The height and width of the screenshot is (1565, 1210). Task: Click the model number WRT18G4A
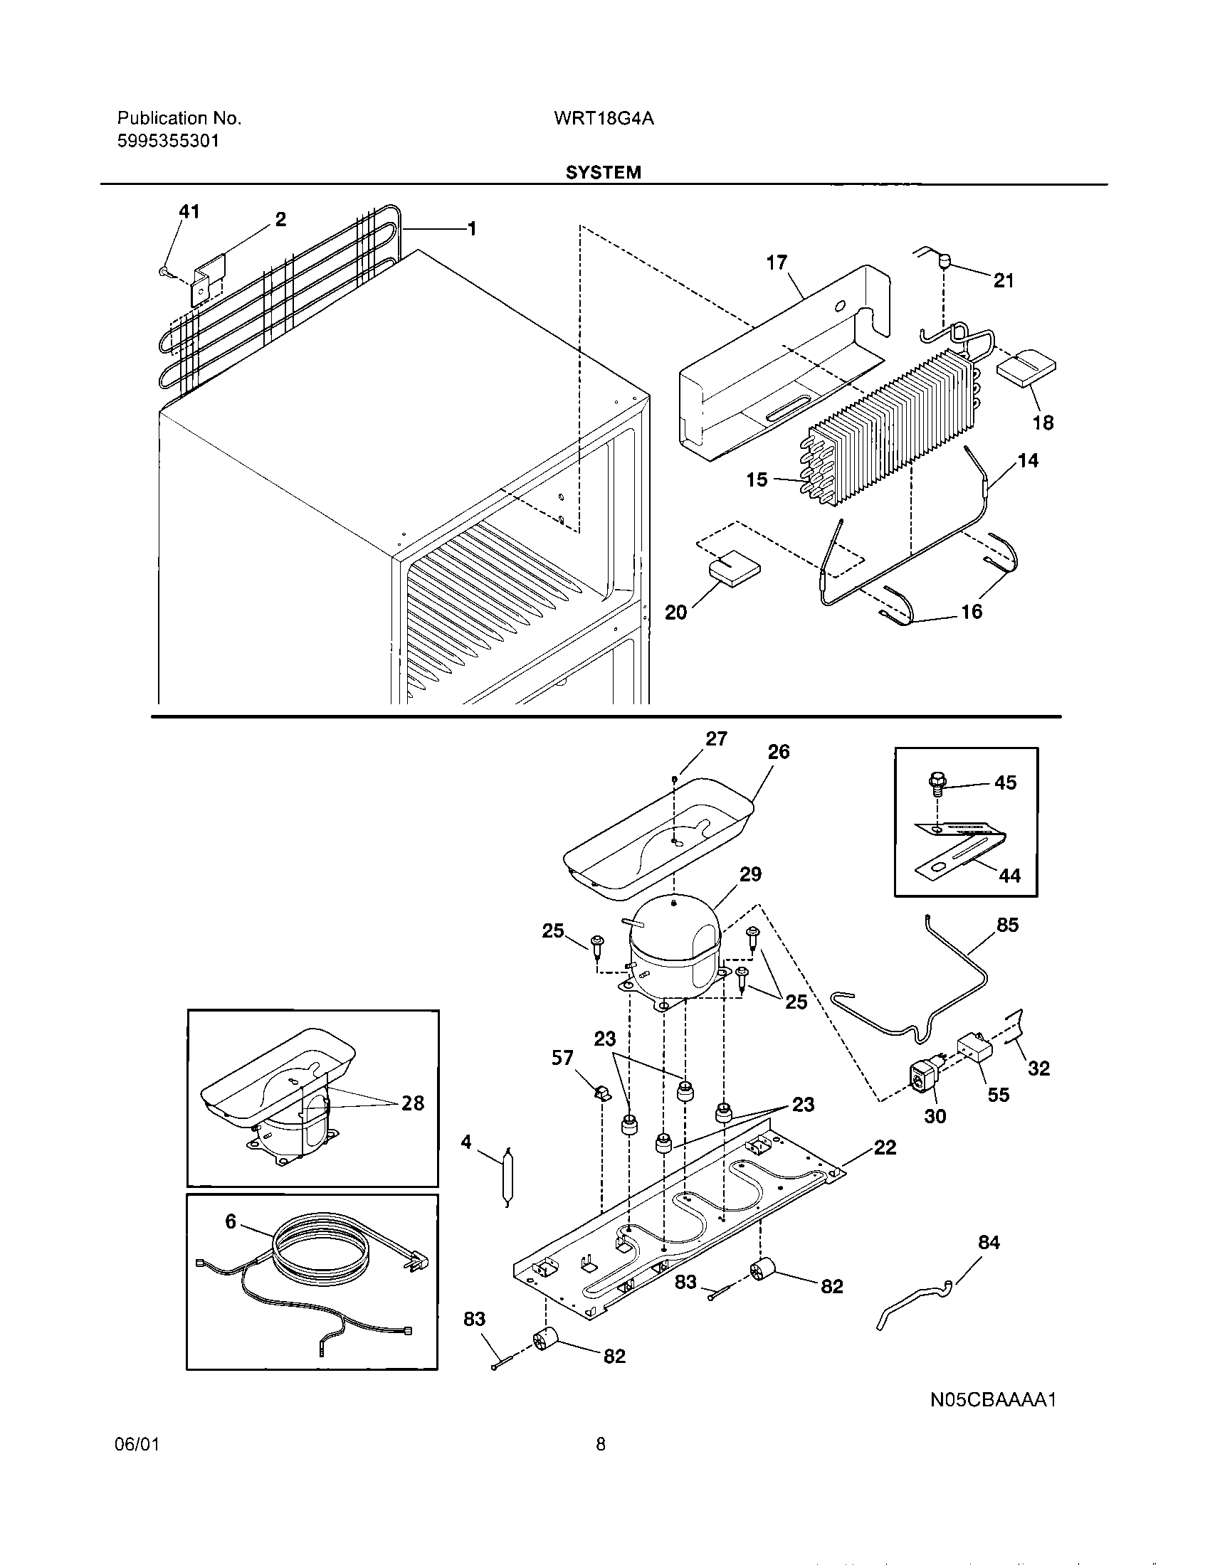point(603,119)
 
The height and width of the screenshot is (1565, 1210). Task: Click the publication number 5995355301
point(168,141)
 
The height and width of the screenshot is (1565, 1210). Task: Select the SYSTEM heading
point(603,173)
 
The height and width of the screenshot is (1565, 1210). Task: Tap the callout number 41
point(189,212)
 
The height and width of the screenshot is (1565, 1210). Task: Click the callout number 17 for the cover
point(777,263)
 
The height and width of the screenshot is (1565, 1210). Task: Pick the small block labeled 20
point(734,571)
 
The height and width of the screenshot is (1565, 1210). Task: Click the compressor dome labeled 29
point(674,943)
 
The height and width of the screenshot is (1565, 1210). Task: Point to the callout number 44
point(1009,876)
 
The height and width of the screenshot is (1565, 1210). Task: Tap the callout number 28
point(413,1103)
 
